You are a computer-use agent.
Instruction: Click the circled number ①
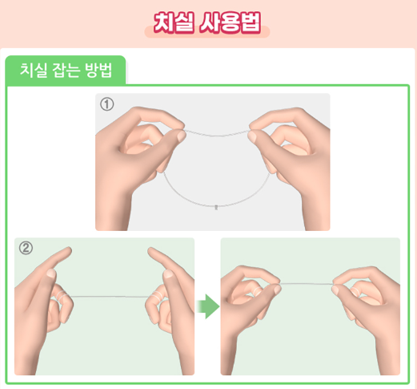[106, 103]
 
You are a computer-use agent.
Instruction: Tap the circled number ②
[26, 248]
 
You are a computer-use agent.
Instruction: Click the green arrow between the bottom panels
[207, 306]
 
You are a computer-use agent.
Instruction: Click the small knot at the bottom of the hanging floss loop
[218, 206]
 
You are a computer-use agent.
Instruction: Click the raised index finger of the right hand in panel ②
[161, 261]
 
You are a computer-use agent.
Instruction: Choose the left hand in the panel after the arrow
[248, 305]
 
